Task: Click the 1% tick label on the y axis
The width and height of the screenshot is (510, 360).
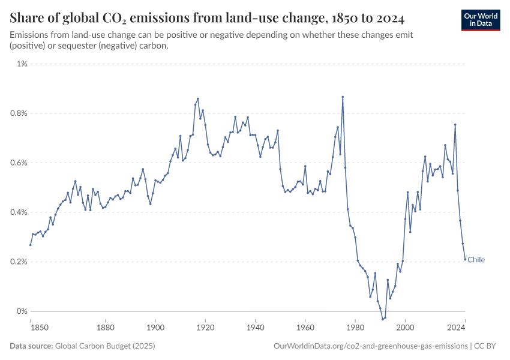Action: click(21, 64)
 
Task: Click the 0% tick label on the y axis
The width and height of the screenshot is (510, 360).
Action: click(21, 311)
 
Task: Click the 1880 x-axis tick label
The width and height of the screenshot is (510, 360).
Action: click(106, 328)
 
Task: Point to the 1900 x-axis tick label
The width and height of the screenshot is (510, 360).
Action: click(155, 328)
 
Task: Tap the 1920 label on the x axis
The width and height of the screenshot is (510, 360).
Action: click(205, 328)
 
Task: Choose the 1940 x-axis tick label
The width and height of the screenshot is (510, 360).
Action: click(256, 328)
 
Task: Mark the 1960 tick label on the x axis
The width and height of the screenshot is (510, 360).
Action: click(305, 328)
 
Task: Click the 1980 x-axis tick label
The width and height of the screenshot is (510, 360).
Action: click(355, 328)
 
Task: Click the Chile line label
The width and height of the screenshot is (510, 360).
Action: click(476, 260)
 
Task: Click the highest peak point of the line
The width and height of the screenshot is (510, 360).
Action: click(343, 97)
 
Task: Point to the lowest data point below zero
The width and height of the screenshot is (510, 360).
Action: click(383, 319)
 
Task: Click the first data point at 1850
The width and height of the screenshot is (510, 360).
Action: click(31, 245)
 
